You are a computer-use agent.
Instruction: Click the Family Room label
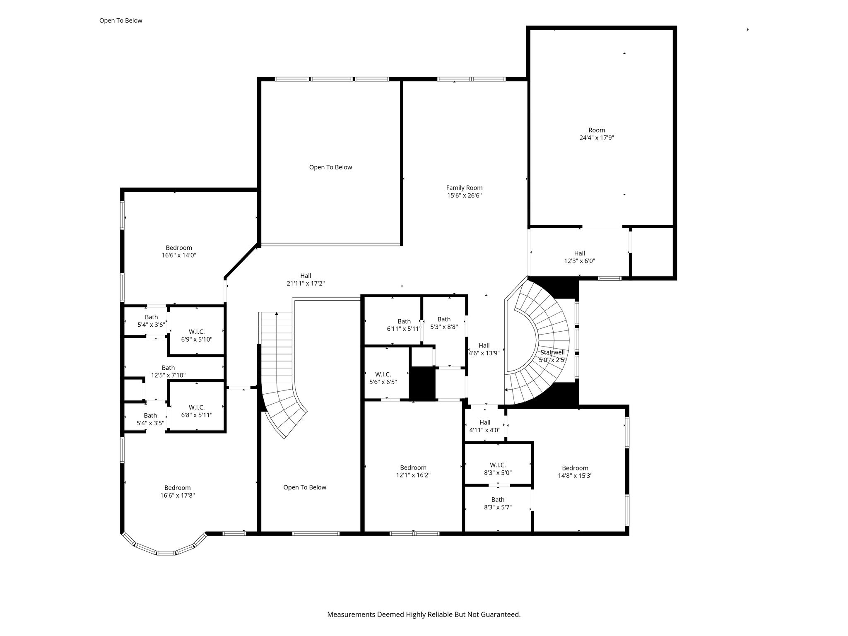[464, 188]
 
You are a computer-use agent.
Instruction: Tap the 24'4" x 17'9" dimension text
[597, 138]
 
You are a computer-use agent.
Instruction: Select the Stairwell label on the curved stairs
[552, 352]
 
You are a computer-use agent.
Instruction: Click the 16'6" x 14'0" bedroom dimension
[179, 255]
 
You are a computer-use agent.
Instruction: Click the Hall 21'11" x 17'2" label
[306, 280]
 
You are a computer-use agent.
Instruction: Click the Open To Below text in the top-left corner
[120, 21]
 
